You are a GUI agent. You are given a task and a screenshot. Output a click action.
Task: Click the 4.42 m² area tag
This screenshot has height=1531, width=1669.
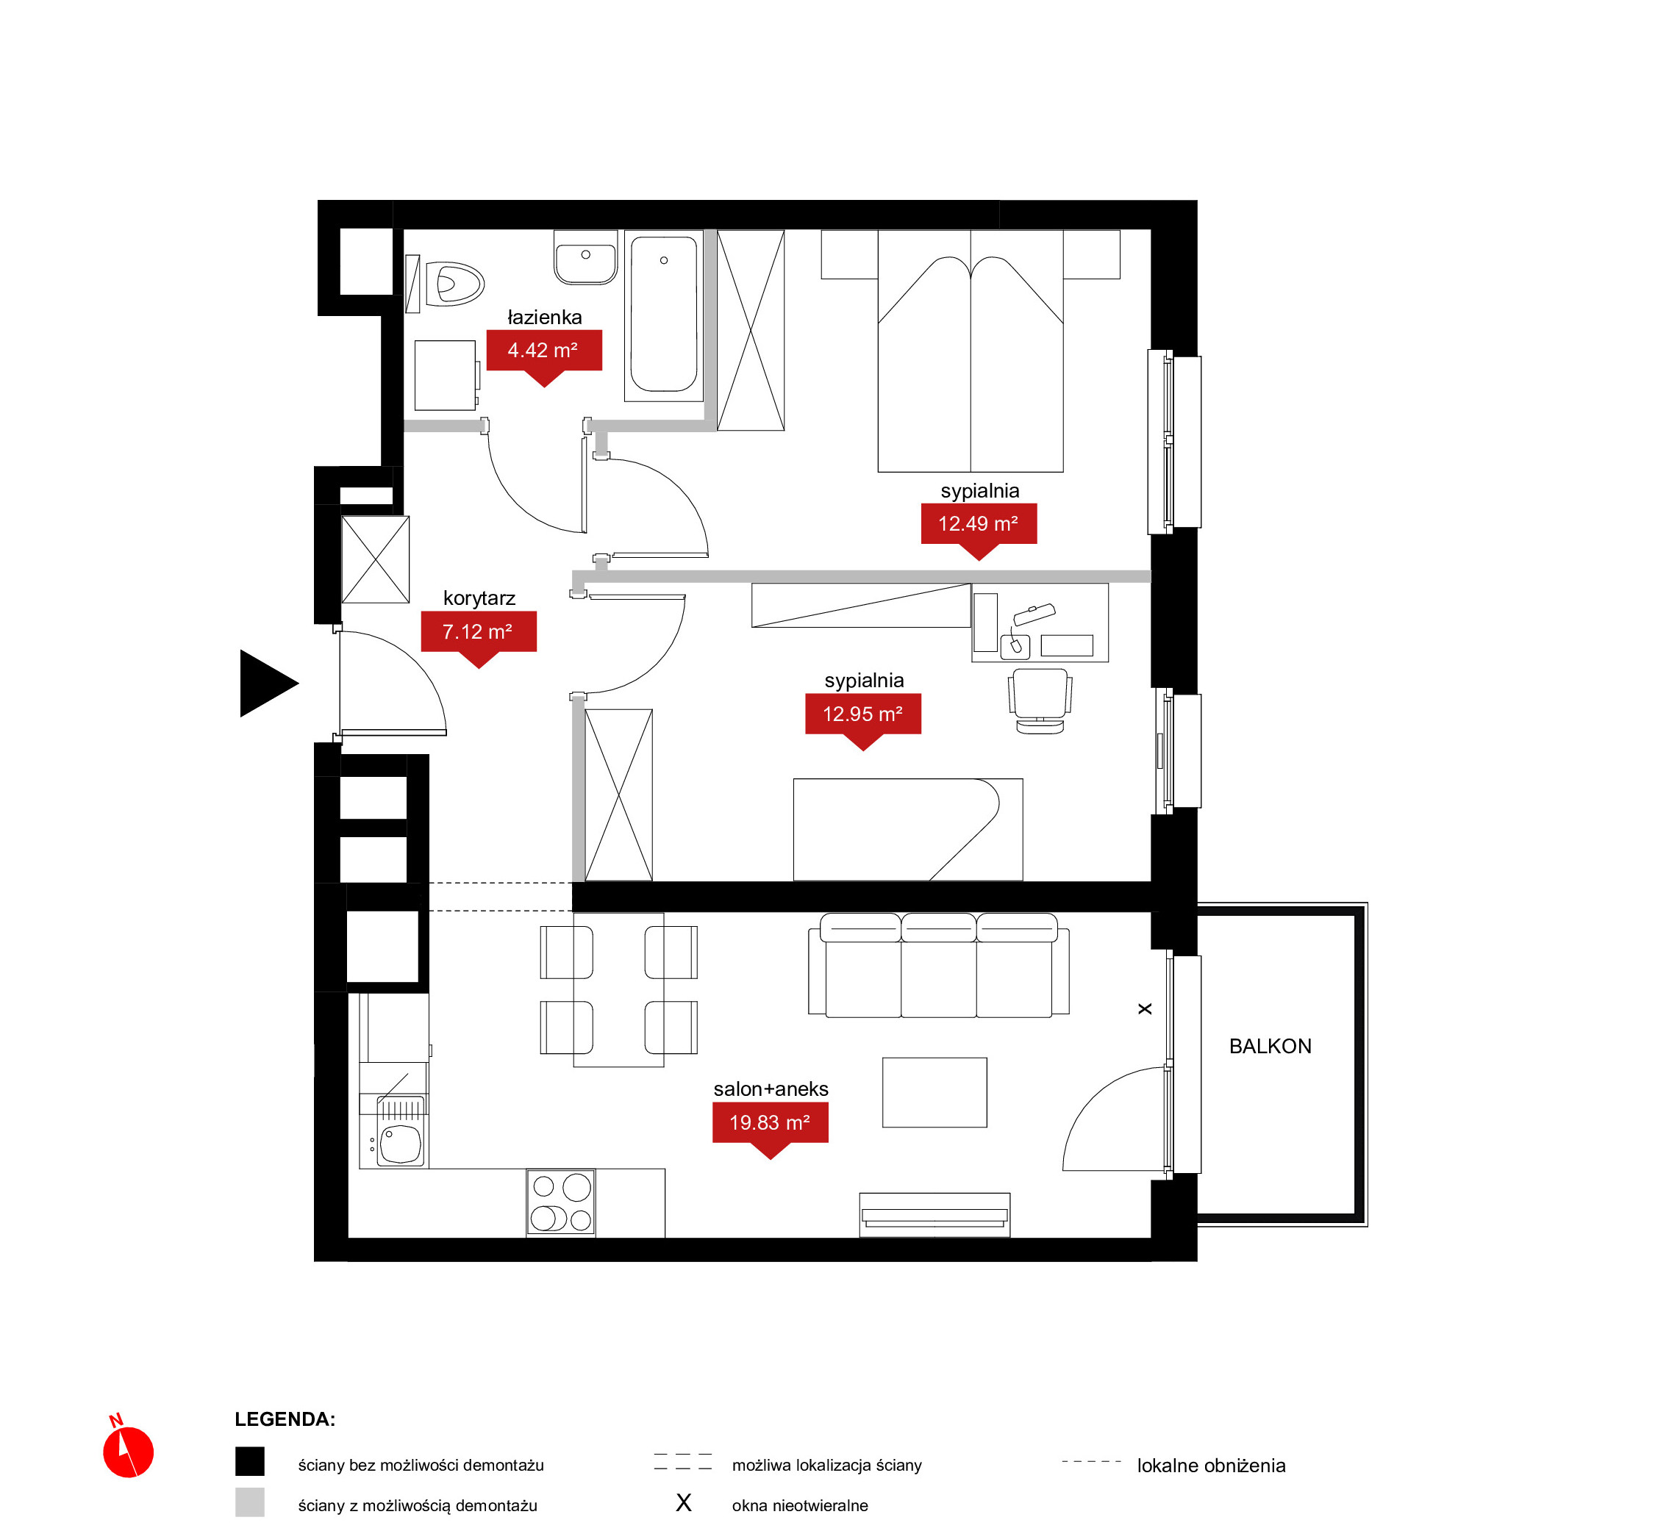tap(543, 351)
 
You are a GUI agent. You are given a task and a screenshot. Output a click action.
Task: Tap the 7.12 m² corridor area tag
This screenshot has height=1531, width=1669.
tap(478, 632)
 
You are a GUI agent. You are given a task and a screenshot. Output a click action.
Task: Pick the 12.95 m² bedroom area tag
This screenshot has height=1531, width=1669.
tap(862, 715)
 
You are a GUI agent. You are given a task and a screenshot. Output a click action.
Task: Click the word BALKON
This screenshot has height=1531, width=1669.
tap(1270, 1047)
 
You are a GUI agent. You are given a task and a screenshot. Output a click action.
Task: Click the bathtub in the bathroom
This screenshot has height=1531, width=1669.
tap(663, 315)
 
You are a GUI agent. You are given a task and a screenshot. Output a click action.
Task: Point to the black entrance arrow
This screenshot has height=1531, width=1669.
tap(267, 684)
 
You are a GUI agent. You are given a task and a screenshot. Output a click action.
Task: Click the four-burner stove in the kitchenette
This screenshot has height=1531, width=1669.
tap(561, 1203)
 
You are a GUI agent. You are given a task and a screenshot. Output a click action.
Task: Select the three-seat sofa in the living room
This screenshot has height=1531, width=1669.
tap(938, 965)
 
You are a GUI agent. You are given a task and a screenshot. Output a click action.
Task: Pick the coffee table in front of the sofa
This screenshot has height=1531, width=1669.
tap(934, 1093)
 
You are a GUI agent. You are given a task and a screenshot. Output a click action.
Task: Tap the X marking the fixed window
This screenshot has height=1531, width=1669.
tap(1145, 1009)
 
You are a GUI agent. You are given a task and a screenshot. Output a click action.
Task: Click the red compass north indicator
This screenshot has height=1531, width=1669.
tap(128, 1452)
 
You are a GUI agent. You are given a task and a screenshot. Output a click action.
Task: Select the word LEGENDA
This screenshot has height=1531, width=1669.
tap(285, 1420)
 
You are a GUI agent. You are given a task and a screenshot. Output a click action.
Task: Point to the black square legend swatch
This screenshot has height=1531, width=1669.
tap(249, 1461)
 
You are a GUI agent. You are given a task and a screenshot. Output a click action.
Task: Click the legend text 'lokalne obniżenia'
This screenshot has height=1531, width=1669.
tap(1211, 1466)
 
